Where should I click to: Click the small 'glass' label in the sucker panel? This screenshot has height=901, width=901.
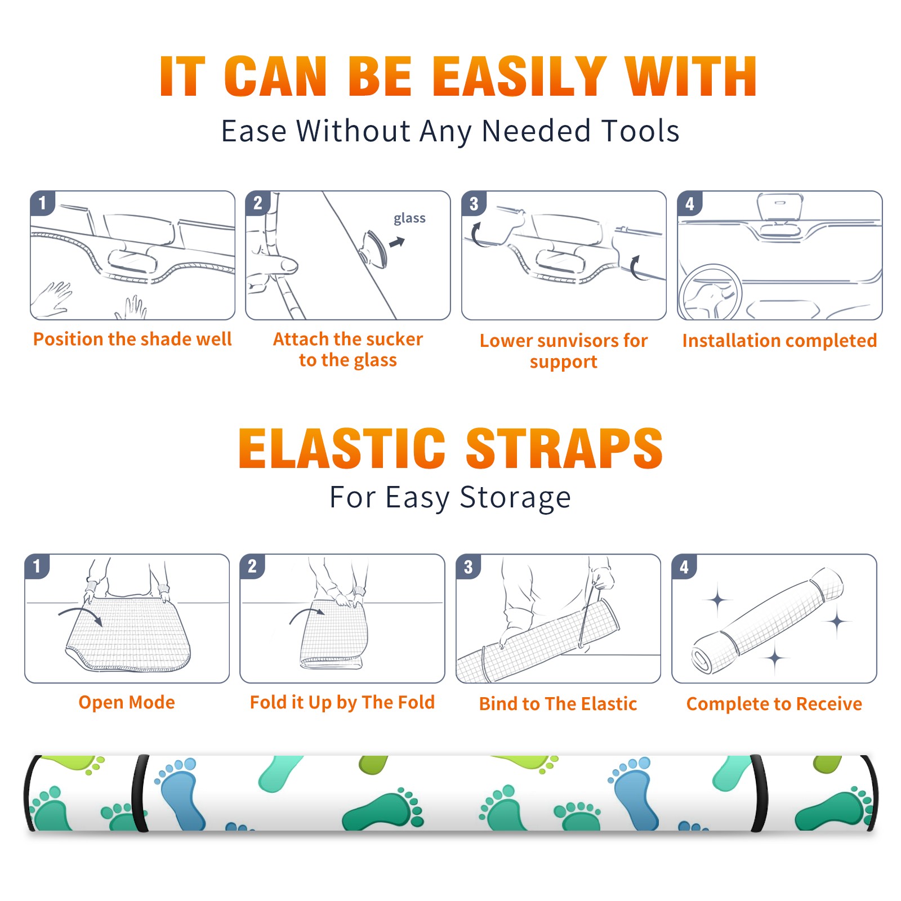click(409, 218)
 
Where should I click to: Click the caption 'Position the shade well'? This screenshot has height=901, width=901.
click(132, 339)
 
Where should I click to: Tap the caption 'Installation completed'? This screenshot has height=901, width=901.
click(779, 340)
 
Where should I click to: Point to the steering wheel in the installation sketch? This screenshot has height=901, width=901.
click(710, 292)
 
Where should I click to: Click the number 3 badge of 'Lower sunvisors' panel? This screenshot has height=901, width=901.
click(474, 204)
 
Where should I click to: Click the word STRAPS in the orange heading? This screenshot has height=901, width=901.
click(564, 448)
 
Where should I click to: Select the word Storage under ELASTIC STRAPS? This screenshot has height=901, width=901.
click(515, 497)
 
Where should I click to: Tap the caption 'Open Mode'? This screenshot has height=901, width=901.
click(127, 702)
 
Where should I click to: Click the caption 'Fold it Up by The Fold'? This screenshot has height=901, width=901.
click(342, 702)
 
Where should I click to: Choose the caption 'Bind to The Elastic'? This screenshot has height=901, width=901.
click(558, 703)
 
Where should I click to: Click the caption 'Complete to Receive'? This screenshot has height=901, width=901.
click(774, 703)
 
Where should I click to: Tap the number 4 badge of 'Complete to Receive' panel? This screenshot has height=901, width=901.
click(684, 567)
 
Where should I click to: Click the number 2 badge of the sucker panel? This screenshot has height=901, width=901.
click(258, 203)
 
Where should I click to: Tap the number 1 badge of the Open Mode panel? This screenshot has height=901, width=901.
click(37, 567)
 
